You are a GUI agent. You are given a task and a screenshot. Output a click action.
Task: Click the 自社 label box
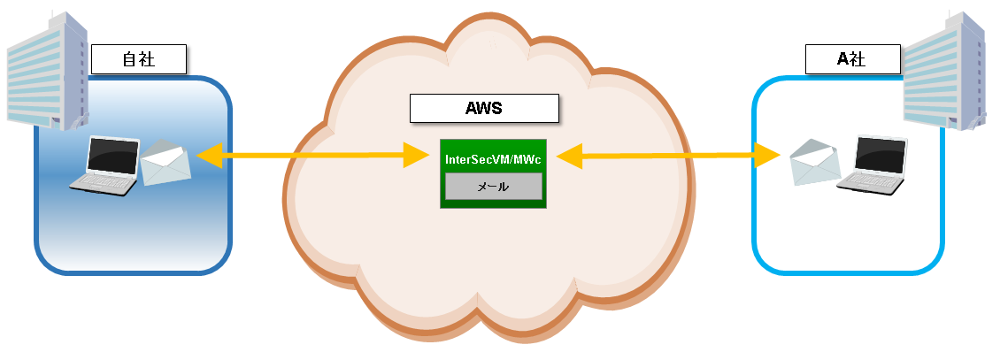point(139,60)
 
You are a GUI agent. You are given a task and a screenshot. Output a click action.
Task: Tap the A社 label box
point(852,60)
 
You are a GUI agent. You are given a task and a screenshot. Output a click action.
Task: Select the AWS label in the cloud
point(484,108)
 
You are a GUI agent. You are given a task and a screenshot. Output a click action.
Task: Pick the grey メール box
point(493,187)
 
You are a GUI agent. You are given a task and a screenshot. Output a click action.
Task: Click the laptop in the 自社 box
point(106,166)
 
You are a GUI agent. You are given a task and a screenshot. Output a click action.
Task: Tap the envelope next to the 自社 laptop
point(165,162)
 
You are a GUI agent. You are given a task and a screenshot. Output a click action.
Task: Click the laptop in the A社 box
point(873,165)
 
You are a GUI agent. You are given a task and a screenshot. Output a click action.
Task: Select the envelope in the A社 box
point(814,163)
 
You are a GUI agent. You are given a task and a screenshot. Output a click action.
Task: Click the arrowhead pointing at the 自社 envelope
point(209,157)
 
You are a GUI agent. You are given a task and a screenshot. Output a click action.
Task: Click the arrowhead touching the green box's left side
point(416,156)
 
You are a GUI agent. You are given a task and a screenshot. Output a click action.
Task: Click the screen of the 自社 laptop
point(113,155)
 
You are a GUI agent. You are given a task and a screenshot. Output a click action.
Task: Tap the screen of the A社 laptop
point(881,154)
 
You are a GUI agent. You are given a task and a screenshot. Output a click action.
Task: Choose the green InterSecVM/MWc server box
point(493,200)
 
